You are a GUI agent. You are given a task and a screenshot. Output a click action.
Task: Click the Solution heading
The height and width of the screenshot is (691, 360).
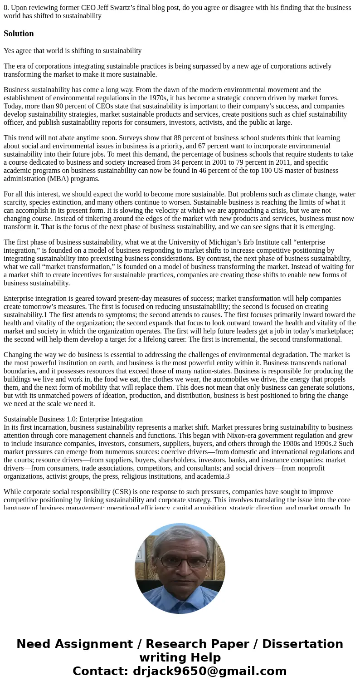[19, 34]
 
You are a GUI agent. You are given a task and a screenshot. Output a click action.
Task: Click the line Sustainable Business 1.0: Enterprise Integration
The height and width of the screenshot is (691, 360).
[73, 419]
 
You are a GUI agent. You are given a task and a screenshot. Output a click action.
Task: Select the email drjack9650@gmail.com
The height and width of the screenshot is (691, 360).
[209, 671]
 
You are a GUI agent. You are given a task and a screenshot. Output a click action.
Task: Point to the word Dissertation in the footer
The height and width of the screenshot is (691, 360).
[302, 644]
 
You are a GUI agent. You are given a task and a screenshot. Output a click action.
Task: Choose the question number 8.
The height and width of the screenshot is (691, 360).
[6, 8]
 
